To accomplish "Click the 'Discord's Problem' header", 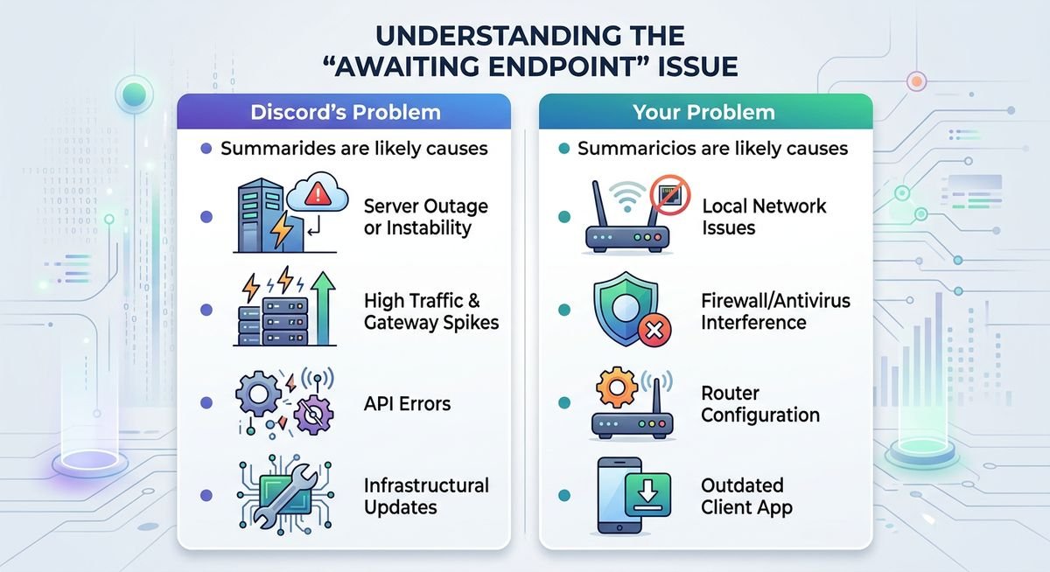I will point(345,113).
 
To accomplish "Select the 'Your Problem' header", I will point(705,113).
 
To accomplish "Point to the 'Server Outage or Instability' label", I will point(425,217).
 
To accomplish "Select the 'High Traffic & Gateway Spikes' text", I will point(430,311).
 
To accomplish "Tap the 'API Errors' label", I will point(407,403).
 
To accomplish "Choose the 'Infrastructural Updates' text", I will point(425,496).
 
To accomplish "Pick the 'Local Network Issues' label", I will point(764,217).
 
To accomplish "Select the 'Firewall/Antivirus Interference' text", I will point(775,311).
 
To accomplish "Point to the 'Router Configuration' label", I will point(759,404).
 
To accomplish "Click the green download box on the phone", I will point(648,496).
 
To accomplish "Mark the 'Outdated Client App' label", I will point(746,496).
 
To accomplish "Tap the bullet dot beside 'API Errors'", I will point(206,403).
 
